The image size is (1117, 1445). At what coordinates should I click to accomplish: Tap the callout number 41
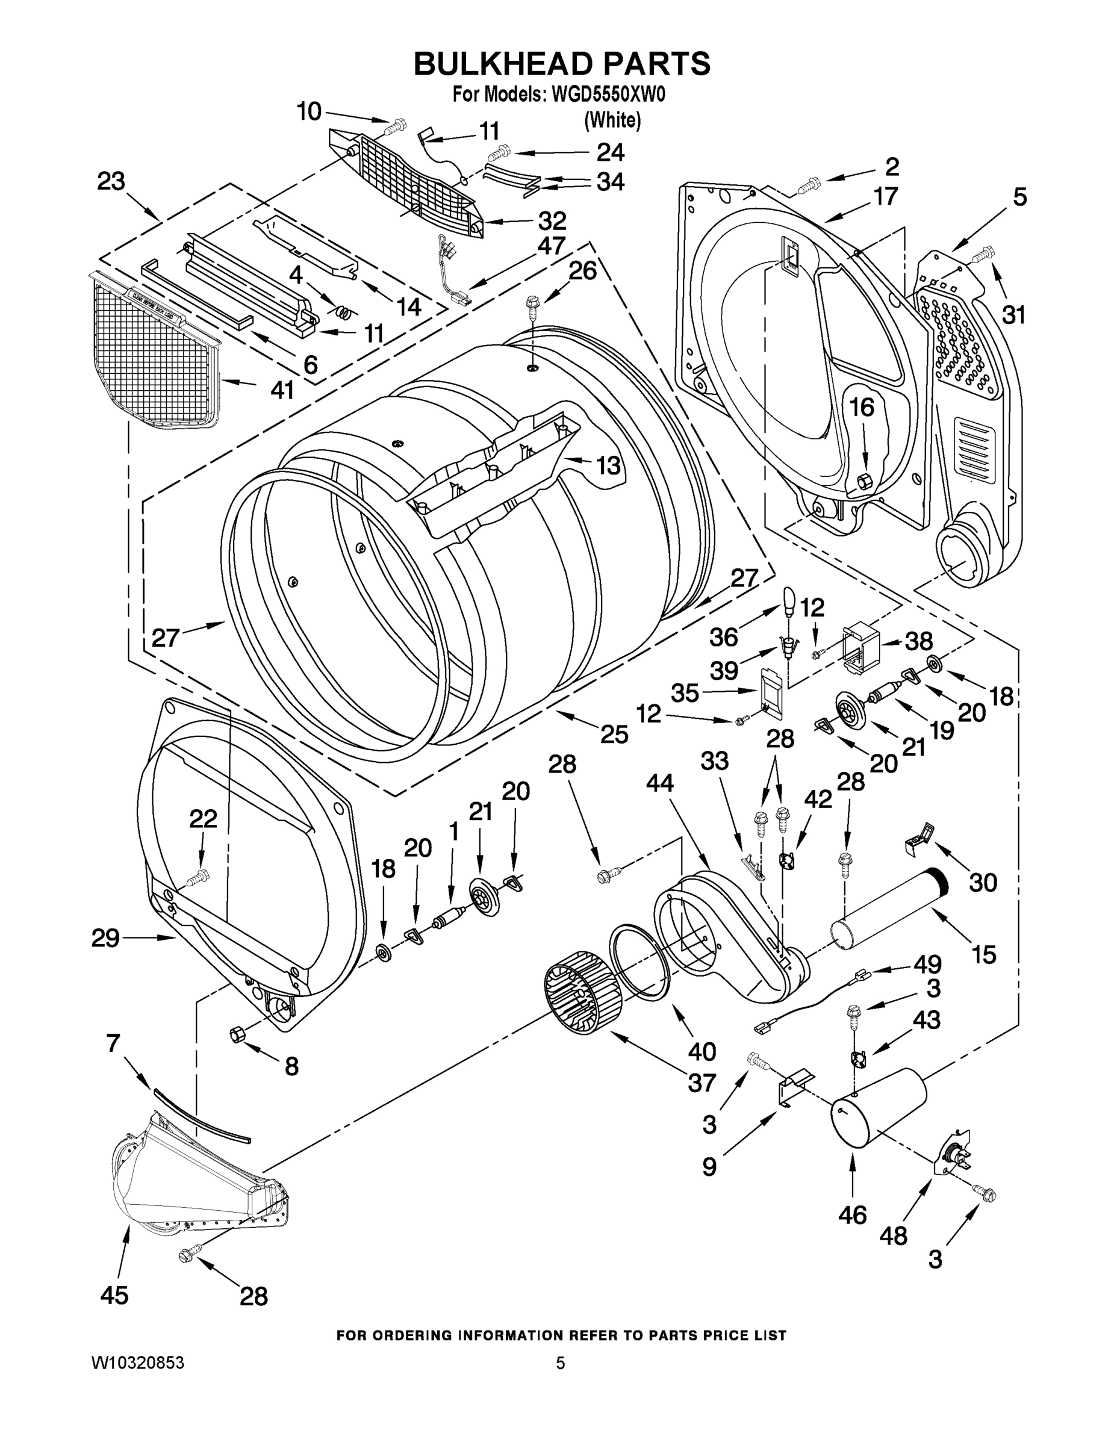(282, 390)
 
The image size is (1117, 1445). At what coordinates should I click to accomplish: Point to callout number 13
(608, 465)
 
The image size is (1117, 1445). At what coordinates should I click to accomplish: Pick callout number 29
(105, 937)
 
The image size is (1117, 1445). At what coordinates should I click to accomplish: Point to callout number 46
(851, 1215)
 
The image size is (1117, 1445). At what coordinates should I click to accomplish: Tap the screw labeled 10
(397, 123)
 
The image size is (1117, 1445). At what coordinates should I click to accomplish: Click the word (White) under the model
(612, 120)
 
